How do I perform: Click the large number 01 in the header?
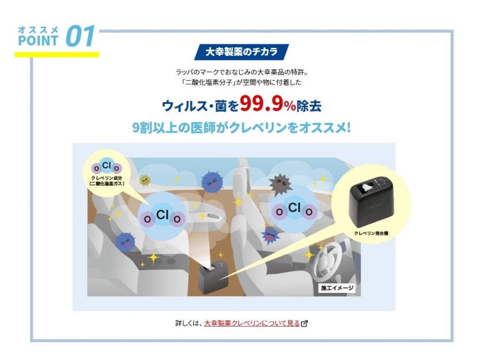pyautogui.click(x=80, y=36)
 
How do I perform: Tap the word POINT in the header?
pyautogui.click(x=38, y=40)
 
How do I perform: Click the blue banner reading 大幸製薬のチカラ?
pyautogui.click(x=241, y=51)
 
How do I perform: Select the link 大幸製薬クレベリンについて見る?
pyautogui.click(x=252, y=323)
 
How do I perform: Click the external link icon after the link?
pyautogui.click(x=304, y=324)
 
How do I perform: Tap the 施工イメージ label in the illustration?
pyautogui.click(x=337, y=288)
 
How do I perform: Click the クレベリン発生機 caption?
pyautogui.click(x=371, y=233)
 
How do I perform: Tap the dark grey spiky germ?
pyautogui.click(x=280, y=185)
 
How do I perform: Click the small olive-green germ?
pyautogui.click(x=145, y=180)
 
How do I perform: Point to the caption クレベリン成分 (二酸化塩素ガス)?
pyautogui.click(x=107, y=181)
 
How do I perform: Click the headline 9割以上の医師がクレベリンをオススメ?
pyautogui.click(x=241, y=127)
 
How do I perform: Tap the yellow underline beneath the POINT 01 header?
pyautogui.click(x=57, y=54)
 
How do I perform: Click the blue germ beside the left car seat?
pyautogui.click(x=125, y=242)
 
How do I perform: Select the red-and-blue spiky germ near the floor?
pyautogui.click(x=270, y=235)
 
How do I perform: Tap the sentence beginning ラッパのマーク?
pyautogui.click(x=242, y=72)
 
